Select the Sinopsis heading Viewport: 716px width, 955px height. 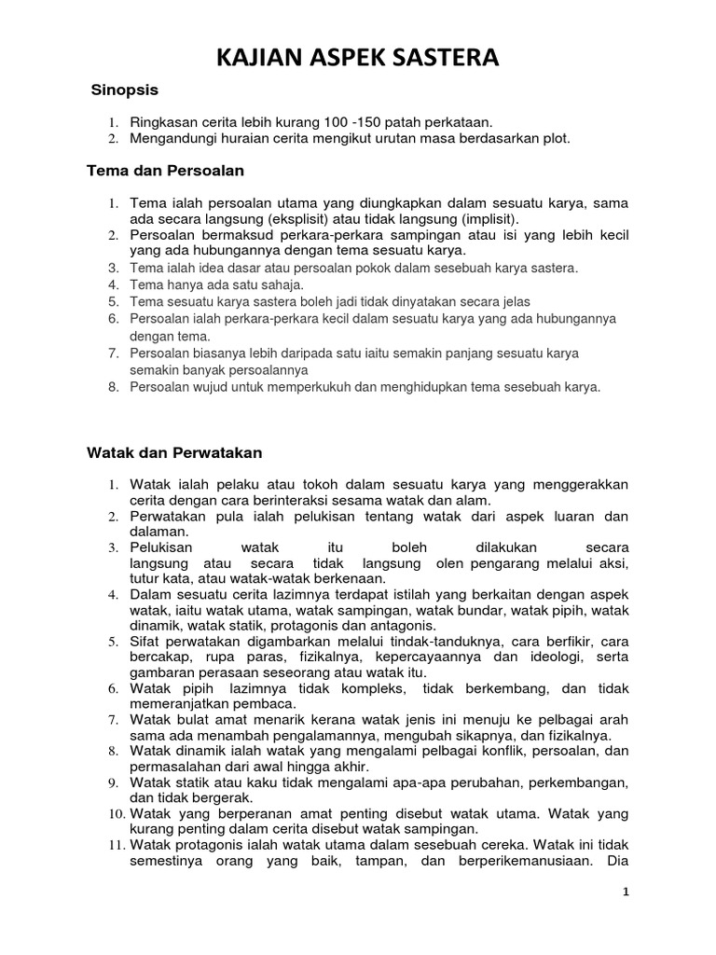pyautogui.click(x=125, y=90)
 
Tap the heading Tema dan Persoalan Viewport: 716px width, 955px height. pyautogui.click(x=165, y=171)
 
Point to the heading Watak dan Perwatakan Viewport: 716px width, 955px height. pyautogui.click(x=174, y=452)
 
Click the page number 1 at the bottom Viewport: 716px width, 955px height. pyautogui.click(x=626, y=892)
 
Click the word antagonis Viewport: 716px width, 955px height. pyautogui.click(x=403, y=625)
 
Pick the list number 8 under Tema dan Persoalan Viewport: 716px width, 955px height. pyautogui.click(x=113, y=386)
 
